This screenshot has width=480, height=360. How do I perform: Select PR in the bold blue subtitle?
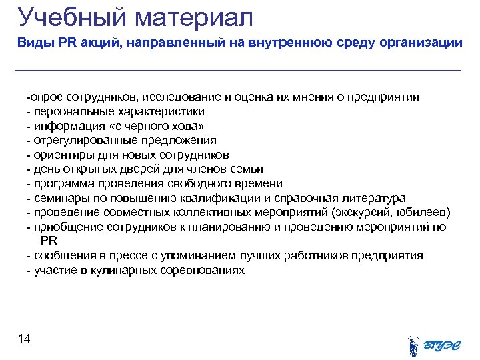point(69,43)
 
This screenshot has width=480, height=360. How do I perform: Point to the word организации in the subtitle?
point(421,43)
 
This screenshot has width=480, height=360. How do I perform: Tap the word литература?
point(371,198)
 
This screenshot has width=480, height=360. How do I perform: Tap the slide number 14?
point(23,339)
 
